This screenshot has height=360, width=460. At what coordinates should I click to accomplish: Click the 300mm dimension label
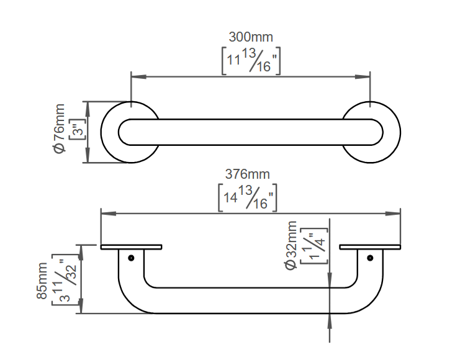click(x=251, y=37)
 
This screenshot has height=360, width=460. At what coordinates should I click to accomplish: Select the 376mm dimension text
click(x=247, y=174)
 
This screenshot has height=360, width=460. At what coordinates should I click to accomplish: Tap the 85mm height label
click(x=42, y=281)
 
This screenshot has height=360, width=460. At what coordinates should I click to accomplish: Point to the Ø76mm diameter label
click(x=60, y=128)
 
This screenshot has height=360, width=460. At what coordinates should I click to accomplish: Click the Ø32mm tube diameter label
click(x=291, y=245)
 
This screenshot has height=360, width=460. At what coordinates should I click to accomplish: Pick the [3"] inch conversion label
click(x=78, y=128)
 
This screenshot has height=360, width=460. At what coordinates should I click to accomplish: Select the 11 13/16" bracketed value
click(x=251, y=61)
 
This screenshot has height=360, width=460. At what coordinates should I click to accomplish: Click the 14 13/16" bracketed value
click(x=248, y=198)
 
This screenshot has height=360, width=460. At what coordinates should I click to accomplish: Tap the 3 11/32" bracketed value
click(x=65, y=279)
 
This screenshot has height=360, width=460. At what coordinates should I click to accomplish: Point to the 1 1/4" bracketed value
click(x=314, y=246)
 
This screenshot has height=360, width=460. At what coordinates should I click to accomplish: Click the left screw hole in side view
click(x=131, y=258)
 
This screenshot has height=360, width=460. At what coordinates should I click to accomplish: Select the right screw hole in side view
click(x=370, y=258)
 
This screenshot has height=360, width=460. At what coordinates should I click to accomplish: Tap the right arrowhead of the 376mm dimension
click(x=393, y=214)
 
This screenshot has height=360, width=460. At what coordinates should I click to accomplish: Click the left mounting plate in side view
click(x=131, y=247)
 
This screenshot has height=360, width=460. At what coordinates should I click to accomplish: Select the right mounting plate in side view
click(x=370, y=247)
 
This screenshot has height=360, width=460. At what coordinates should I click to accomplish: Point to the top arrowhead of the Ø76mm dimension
click(x=87, y=109)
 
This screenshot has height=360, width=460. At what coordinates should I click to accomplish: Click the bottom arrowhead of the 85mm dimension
click(x=81, y=306)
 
